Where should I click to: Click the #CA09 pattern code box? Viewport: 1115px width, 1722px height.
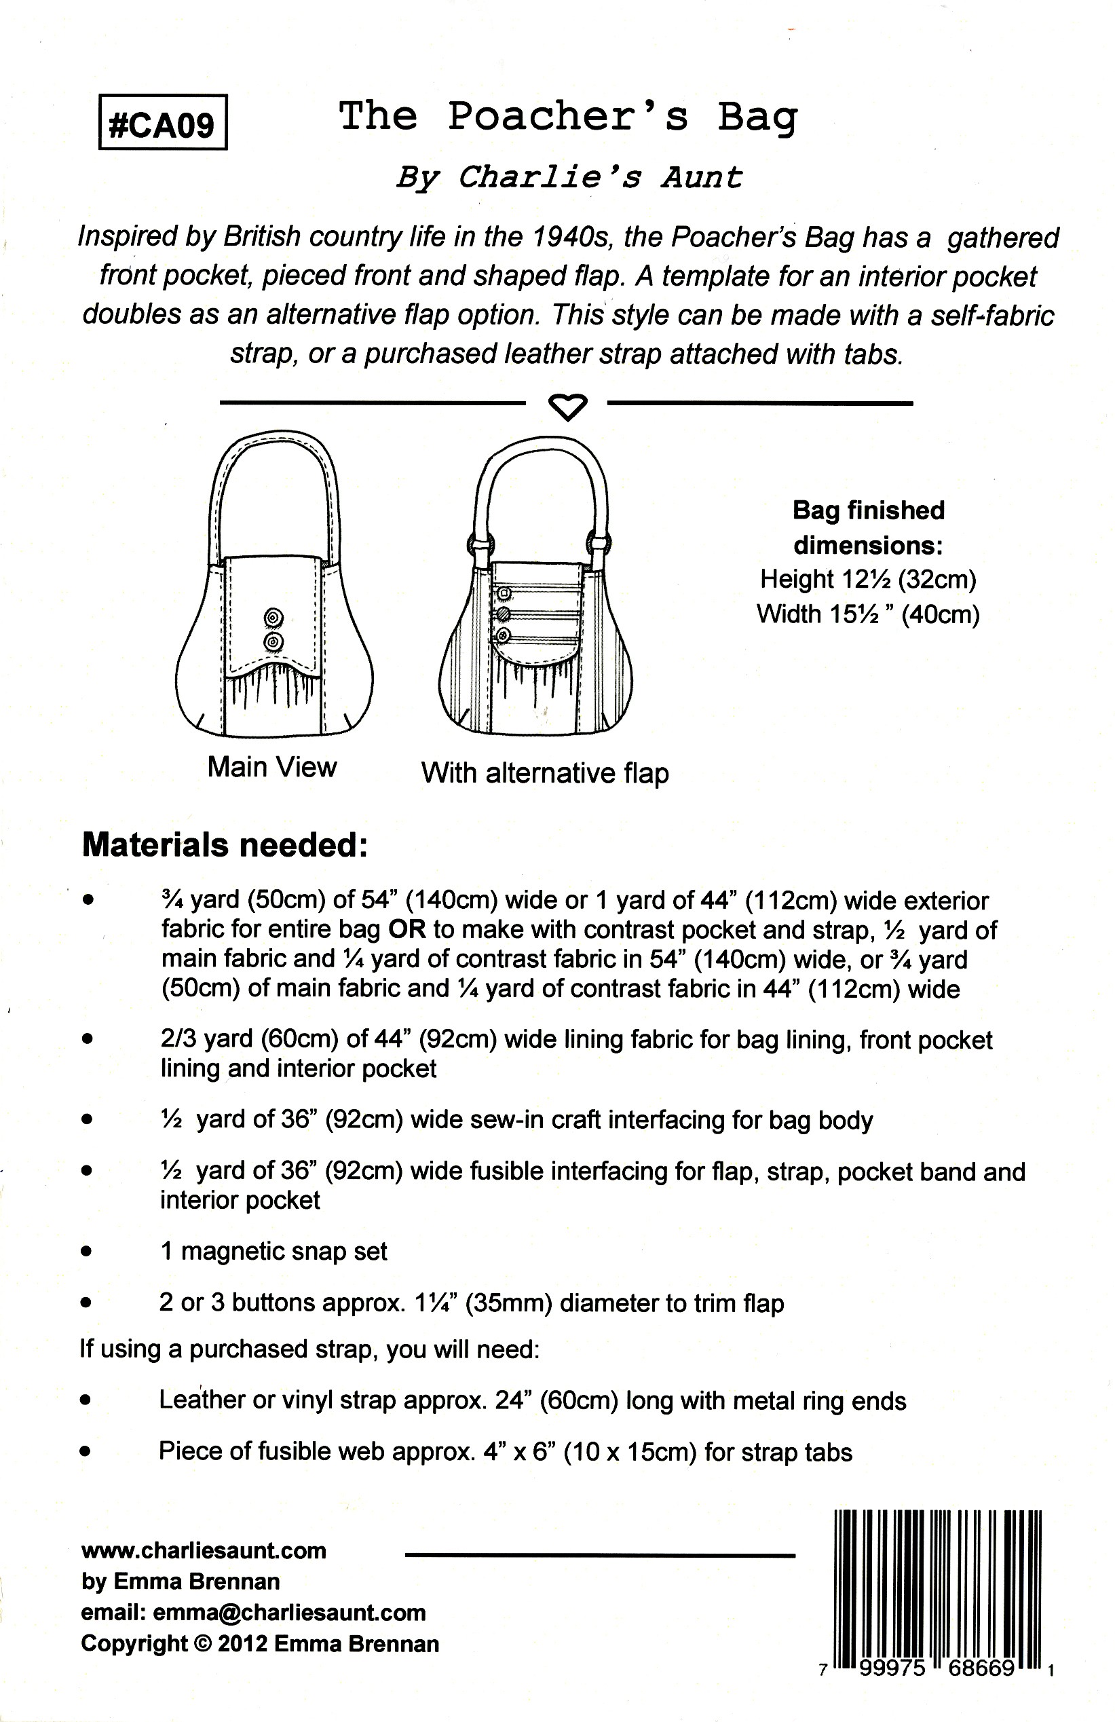pos(162,122)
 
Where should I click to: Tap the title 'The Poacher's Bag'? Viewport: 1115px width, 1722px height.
pos(568,117)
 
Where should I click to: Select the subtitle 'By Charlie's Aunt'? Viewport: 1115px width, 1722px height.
pos(569,177)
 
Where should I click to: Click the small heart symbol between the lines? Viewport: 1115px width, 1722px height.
pos(567,407)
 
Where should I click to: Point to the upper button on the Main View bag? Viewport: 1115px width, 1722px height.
pos(273,617)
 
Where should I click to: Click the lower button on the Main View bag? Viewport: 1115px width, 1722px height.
pos(273,641)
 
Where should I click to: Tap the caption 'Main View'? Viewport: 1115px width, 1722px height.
pos(272,767)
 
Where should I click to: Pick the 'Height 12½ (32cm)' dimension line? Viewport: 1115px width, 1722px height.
pos(867,579)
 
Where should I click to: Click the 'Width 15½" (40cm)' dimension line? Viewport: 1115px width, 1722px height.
pos(867,614)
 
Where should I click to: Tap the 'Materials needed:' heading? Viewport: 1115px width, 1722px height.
pos(225,845)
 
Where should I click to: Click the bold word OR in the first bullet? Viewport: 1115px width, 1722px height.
pos(407,930)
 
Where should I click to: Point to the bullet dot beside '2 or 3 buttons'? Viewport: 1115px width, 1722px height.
pos(87,1303)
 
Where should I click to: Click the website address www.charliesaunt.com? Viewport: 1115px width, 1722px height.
pos(204,1550)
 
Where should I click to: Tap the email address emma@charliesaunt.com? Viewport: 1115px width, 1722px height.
pos(289,1613)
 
